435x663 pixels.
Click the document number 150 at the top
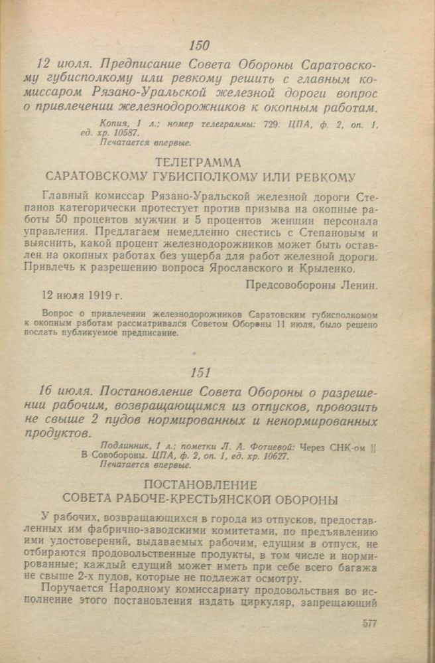(x=199, y=45)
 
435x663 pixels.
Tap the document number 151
(x=200, y=373)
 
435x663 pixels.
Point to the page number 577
(x=374, y=623)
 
